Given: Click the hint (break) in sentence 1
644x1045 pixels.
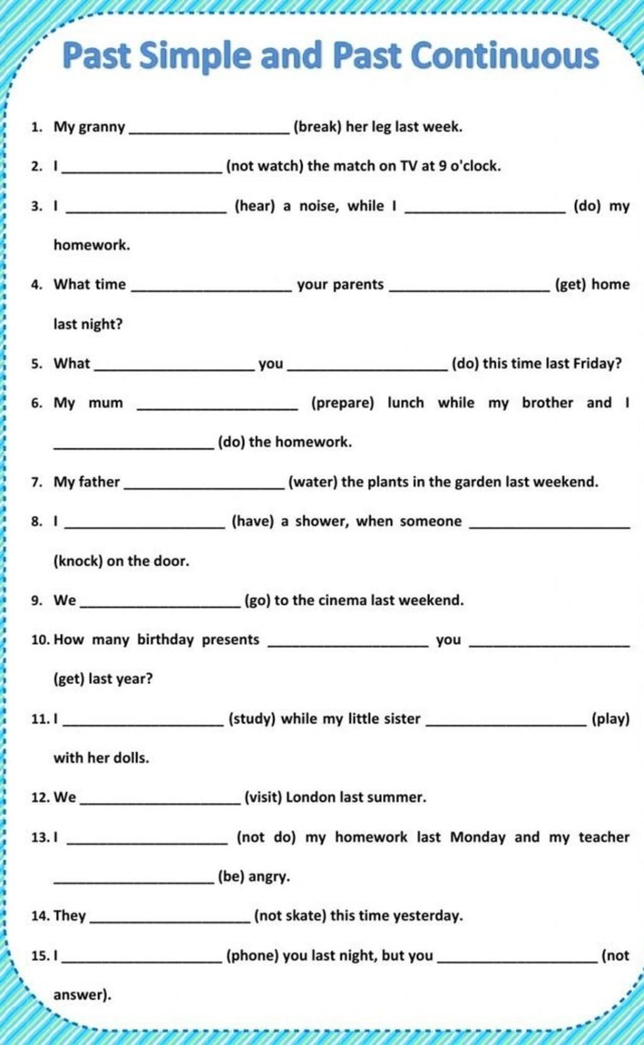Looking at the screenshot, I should click(318, 127).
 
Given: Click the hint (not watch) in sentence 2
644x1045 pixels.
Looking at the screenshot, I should click(265, 166).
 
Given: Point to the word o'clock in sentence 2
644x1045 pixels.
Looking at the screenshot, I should click(475, 166).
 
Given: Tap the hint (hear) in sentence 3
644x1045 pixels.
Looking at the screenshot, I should click(255, 206).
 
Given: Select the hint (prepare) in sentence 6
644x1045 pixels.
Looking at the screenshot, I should click(343, 403).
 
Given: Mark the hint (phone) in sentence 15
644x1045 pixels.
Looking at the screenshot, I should click(252, 956).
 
